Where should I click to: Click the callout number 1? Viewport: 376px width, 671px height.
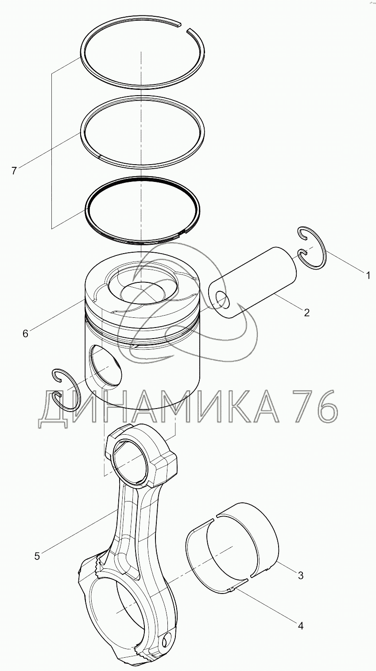point(368,275)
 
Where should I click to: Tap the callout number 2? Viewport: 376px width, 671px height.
point(306,312)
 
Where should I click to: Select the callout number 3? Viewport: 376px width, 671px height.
point(300,575)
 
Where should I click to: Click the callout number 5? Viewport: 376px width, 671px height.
point(37,556)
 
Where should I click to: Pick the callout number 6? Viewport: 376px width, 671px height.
point(25,333)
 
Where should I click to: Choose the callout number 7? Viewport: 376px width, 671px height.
point(14,171)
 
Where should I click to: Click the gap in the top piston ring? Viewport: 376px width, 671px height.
point(183,27)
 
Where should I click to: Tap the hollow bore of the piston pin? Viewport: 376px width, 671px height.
point(222,301)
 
